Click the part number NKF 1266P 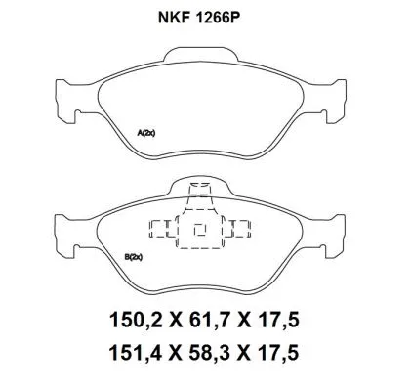[205, 17]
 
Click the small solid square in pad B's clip [200, 232]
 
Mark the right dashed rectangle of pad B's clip [239, 230]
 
